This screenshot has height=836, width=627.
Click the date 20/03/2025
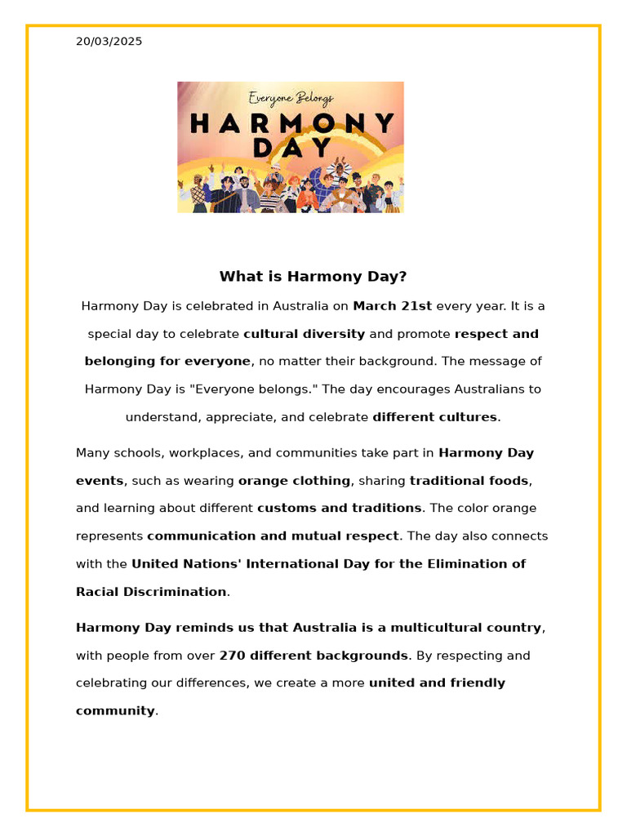(109, 42)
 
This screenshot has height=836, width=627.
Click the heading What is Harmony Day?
(313, 277)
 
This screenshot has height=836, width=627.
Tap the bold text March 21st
(392, 306)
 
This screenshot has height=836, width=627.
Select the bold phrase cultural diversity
(304, 334)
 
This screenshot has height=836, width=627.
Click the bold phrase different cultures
(434, 417)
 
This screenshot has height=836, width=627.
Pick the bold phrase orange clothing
(294, 481)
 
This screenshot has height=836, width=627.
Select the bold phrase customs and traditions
(340, 508)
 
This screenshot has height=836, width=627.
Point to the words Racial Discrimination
(151, 592)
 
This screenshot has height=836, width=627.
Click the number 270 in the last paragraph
(232, 656)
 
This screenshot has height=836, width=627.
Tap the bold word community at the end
(114, 711)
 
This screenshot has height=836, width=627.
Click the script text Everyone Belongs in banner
(291, 99)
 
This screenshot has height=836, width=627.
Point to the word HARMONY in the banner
(291, 123)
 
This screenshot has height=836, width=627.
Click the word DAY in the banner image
(291, 148)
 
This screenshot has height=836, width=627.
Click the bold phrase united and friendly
(437, 683)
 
